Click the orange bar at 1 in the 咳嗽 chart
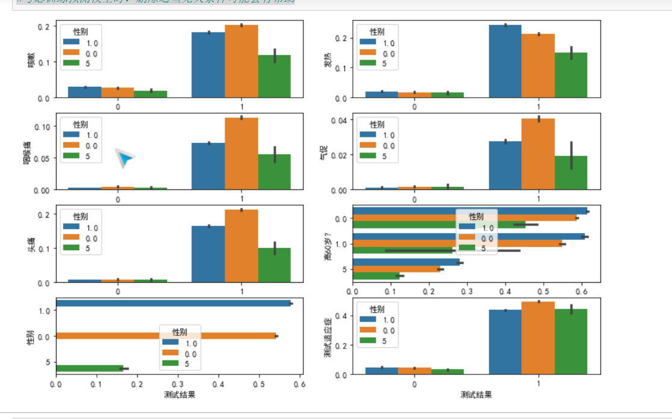coord(241,61)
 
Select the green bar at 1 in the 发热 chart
coord(571,75)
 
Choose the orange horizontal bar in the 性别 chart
coord(166,336)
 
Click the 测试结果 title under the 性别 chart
coord(179,395)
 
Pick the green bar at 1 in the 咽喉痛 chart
coord(275,172)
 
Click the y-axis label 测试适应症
coord(328,338)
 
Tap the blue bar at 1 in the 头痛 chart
coord(208,254)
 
